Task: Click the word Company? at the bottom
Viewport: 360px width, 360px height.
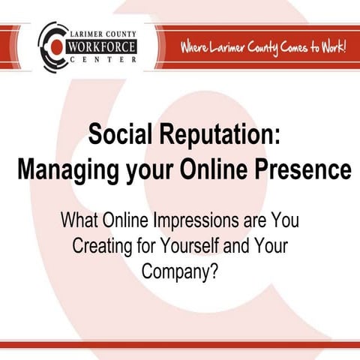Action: tap(180, 269)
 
